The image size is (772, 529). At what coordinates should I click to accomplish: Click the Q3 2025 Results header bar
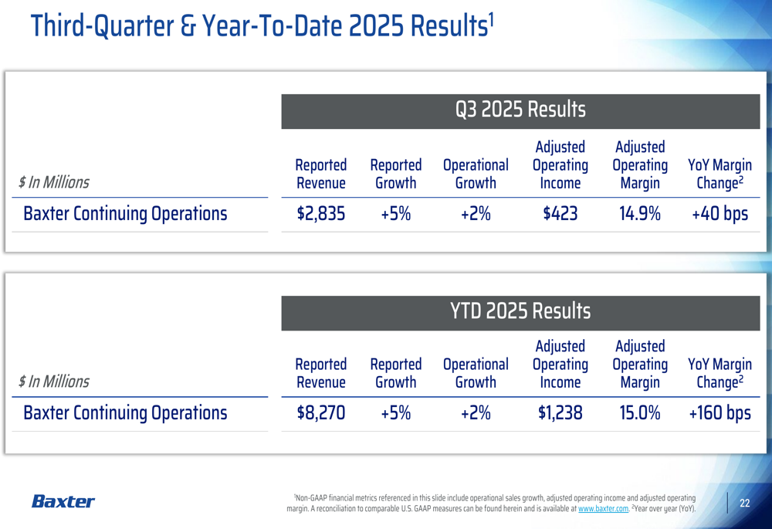click(x=520, y=111)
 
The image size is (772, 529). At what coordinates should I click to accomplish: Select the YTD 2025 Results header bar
click(x=520, y=311)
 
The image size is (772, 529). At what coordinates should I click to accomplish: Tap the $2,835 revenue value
click(x=321, y=214)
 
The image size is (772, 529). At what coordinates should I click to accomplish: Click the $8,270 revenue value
click(x=321, y=413)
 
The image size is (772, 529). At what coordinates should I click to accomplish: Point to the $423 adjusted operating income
click(x=560, y=214)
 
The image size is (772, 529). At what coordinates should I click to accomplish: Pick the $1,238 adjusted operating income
click(x=560, y=413)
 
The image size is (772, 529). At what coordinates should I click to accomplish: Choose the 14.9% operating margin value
click(x=639, y=214)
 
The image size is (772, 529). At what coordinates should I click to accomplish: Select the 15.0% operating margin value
click(x=639, y=413)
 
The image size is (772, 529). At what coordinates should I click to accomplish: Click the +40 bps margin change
click(x=720, y=214)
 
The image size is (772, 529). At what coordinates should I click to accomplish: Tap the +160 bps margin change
click(x=720, y=413)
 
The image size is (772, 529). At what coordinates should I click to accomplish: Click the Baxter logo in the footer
click(x=63, y=502)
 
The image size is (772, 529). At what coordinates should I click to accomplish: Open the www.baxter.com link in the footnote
click(x=603, y=509)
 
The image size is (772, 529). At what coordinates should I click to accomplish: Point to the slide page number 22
click(x=745, y=504)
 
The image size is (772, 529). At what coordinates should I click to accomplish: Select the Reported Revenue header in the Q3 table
click(x=321, y=174)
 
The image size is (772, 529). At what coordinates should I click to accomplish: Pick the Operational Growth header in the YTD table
click(x=476, y=373)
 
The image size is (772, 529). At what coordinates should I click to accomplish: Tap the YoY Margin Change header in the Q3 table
click(x=720, y=174)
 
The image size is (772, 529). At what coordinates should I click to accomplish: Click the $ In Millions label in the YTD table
click(x=54, y=381)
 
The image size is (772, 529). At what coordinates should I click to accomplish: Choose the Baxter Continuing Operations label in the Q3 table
click(x=125, y=214)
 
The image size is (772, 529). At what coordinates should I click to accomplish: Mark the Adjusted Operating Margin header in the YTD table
click(x=639, y=364)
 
